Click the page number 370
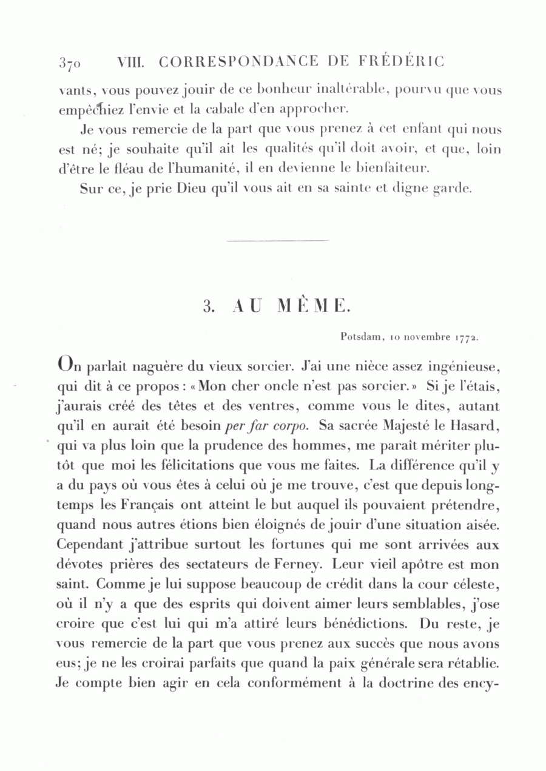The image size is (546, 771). pos(72,62)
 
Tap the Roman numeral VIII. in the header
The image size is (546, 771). pos(131,61)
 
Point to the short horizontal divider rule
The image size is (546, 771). pos(258,243)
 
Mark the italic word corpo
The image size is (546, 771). pos(283,425)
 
